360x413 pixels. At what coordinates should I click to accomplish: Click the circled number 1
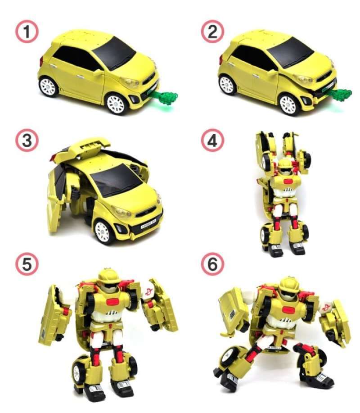[27, 32]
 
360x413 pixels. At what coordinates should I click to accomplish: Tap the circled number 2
[211, 32]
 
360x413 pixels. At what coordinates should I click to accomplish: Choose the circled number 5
[27, 265]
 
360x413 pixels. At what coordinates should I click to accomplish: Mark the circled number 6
[211, 265]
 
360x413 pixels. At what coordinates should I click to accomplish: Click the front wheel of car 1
[116, 104]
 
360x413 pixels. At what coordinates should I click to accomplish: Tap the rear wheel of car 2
[227, 85]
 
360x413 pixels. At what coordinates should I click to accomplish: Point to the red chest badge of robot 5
[109, 301]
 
